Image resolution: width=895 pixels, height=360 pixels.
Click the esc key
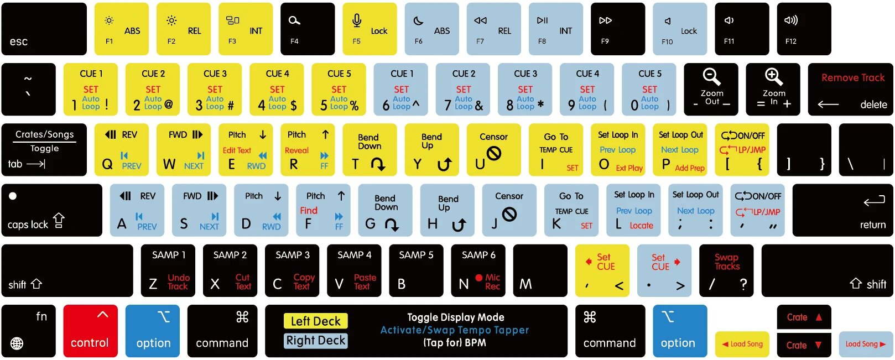tap(44, 29)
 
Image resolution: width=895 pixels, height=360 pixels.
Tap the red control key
tap(90, 331)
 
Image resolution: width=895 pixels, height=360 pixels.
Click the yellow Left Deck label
tap(316, 321)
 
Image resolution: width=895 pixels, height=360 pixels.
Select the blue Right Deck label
tap(316, 341)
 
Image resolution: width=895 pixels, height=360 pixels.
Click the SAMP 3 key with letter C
tap(292, 270)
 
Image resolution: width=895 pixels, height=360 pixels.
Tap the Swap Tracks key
tap(726, 270)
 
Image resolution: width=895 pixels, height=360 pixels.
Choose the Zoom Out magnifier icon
tap(711, 77)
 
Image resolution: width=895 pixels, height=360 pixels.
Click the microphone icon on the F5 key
tap(357, 20)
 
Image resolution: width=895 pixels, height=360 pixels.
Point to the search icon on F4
tap(294, 20)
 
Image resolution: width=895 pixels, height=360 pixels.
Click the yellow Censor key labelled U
tap(494, 149)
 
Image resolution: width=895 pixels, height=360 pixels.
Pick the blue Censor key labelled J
tap(509, 210)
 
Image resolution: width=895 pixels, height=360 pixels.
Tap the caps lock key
tap(52, 210)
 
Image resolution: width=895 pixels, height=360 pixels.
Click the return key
tap(842, 210)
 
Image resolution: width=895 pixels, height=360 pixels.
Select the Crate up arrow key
tap(804, 317)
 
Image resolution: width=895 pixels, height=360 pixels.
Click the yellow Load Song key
tap(742, 344)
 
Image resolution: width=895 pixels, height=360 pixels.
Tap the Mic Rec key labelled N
tap(478, 270)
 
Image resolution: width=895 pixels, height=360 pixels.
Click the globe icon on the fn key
tap(17, 343)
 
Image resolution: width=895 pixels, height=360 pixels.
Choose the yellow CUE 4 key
tap(277, 89)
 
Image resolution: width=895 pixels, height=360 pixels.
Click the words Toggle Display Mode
tap(455, 317)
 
